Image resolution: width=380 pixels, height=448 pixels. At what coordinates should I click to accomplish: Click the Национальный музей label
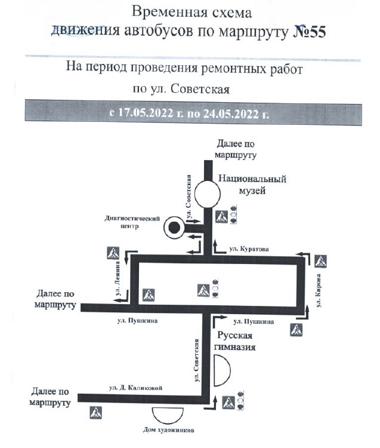[x=252, y=184]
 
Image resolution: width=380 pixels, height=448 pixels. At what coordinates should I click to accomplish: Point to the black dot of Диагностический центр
[x=174, y=227]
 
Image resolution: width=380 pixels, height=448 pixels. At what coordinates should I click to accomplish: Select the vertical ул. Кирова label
[x=320, y=291]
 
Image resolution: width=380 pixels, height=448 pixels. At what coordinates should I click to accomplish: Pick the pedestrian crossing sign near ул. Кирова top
[x=321, y=260]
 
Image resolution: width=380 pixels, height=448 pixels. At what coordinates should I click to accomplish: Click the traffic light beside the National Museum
[x=234, y=214]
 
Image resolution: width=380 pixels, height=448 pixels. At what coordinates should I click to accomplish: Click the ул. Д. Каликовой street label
[x=135, y=388]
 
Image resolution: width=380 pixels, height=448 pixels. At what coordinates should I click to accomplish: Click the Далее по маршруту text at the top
[x=236, y=149]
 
